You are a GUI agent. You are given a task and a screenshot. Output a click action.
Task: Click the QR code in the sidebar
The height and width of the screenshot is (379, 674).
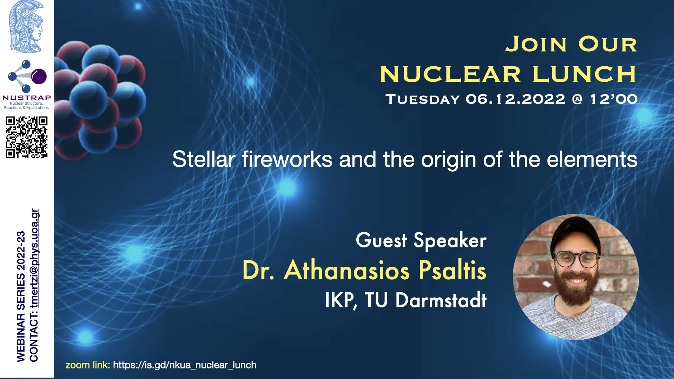tap(27, 137)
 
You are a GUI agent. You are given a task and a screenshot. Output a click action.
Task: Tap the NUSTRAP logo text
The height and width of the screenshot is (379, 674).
tap(27, 98)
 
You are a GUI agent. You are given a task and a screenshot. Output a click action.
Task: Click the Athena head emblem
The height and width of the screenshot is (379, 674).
tap(26, 27)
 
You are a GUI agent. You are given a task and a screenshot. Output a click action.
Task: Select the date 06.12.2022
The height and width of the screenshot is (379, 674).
tap(515, 99)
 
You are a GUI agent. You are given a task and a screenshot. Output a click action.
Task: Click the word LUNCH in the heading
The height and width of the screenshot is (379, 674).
tap(584, 74)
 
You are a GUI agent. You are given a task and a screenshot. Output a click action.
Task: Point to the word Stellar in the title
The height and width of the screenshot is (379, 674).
tap(204, 159)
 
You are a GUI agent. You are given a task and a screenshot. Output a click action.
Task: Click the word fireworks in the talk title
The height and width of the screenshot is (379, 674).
tap(287, 159)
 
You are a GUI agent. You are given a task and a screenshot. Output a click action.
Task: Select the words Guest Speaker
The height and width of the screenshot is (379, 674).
tap(421, 240)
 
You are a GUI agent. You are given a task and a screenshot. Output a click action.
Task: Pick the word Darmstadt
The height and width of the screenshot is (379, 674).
tap(441, 300)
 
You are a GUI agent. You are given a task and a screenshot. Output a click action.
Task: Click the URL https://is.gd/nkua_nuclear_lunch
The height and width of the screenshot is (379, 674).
tap(185, 365)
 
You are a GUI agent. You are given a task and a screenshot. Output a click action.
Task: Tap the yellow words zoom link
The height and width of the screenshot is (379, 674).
tap(88, 365)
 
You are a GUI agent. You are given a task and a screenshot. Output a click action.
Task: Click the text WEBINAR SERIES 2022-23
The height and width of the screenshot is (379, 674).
tap(21, 297)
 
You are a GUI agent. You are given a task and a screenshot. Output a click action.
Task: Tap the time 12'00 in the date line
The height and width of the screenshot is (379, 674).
tap(614, 99)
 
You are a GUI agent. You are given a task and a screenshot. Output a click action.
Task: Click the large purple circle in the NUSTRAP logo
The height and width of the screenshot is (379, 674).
tap(39, 76)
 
